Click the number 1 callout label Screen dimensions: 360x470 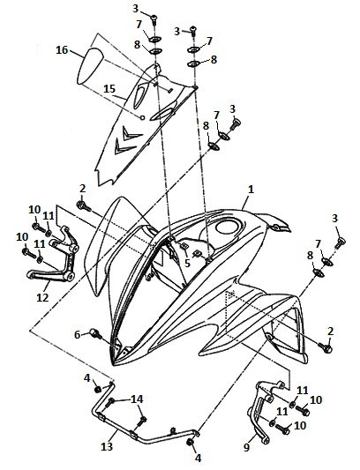tap(251, 190)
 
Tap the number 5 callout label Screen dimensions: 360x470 tap(187, 263)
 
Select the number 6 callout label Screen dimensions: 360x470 tap(78, 334)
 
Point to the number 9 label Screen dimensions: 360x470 tap(246, 448)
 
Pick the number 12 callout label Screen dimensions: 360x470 tap(42, 297)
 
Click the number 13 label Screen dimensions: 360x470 tap(107, 446)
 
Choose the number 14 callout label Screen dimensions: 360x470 tap(137, 399)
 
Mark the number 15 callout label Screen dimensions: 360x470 tap(109, 89)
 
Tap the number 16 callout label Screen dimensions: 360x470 tap(62, 50)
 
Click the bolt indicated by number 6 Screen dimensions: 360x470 tap(95, 333)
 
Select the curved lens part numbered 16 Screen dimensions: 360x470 tap(89, 65)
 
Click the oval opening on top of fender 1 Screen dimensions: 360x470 tap(229, 227)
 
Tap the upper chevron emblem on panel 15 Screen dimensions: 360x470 tap(130, 132)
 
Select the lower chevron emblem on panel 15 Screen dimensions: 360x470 tap(123, 147)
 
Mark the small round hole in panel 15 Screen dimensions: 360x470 tap(143, 117)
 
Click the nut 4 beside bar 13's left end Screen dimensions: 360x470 tap(97, 390)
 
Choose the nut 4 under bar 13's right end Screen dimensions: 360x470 tap(190, 443)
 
